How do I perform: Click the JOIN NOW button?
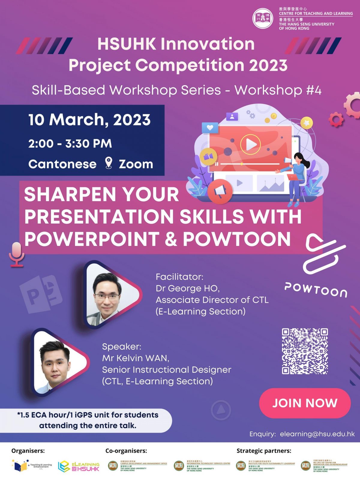[x=305, y=403]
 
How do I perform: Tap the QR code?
[x=304, y=351]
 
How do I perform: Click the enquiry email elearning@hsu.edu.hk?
[x=317, y=434]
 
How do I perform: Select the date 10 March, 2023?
[x=89, y=120]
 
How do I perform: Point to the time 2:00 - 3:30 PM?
[x=70, y=143]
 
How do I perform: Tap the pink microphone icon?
[x=16, y=254]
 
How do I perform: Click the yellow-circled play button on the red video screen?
[x=250, y=144]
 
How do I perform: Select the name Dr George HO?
[x=187, y=288]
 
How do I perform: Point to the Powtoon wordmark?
[x=316, y=289]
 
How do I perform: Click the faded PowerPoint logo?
[x=41, y=294]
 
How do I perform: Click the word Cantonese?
[x=62, y=164]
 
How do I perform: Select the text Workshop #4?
[x=278, y=90]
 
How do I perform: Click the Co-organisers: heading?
[x=126, y=451]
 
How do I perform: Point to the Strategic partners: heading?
[x=264, y=451]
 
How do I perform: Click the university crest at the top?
[x=262, y=18]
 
